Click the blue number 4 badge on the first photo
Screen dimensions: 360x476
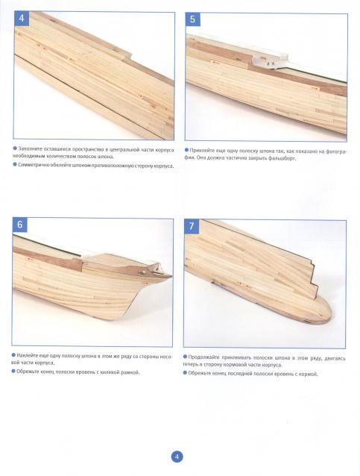(22, 18)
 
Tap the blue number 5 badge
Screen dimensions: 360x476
(192, 19)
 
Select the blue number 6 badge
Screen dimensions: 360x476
(19, 225)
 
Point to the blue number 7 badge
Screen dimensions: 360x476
(192, 226)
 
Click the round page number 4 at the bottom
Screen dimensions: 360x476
(177, 457)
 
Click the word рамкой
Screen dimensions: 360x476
(131, 372)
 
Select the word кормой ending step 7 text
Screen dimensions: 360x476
(309, 375)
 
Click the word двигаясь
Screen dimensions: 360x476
(335, 358)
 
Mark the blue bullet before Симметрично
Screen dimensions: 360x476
(15, 165)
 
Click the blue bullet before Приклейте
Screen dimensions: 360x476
(186, 150)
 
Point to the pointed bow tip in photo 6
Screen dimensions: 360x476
(171, 276)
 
